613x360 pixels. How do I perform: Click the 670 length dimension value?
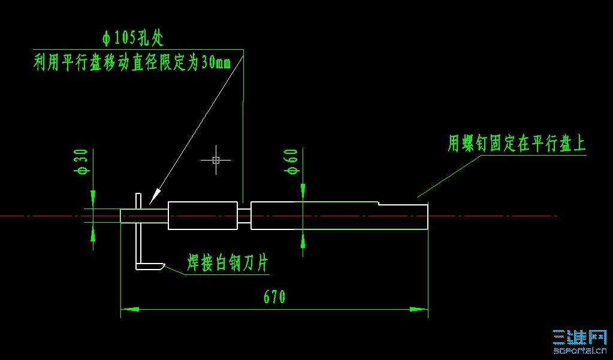(x=273, y=297)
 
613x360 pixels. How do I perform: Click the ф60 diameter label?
(x=292, y=162)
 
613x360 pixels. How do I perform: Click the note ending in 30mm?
(x=132, y=63)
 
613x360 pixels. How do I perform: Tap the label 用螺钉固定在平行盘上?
(x=517, y=144)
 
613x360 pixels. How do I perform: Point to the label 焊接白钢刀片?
(x=227, y=264)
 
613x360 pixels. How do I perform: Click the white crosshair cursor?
(x=216, y=160)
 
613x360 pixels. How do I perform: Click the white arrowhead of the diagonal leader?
(x=155, y=196)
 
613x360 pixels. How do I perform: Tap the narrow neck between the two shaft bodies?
(x=244, y=216)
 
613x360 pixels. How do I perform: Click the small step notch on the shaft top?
(x=378, y=204)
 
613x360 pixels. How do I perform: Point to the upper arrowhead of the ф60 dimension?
(x=303, y=191)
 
